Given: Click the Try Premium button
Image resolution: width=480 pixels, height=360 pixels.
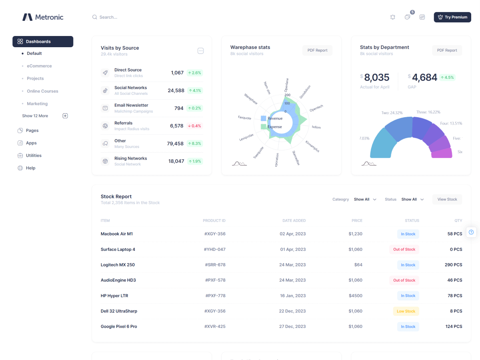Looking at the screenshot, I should point(452,17).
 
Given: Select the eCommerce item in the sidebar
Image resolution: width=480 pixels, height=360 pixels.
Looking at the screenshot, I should point(39,66).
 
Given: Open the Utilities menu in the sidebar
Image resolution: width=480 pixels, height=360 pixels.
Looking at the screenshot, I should point(34,156).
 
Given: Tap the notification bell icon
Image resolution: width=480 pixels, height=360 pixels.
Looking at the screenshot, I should point(393,17).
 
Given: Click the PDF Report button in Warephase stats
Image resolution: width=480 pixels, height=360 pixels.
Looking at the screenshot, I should point(317,50).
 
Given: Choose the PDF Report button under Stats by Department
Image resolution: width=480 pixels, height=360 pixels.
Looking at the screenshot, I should point(447,50).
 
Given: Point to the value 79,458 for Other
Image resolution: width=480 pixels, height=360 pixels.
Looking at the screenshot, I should point(175,144).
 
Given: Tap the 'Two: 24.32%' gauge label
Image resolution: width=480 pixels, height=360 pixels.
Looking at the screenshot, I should point(392,113).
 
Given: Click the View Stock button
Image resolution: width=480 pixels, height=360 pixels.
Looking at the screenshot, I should point(447,199).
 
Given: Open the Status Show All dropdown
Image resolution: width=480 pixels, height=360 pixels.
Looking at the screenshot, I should point(412,199).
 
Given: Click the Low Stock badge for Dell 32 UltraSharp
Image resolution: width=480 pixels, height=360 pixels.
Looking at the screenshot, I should point(406,311).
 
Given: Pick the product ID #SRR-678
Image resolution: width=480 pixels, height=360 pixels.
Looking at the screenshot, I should point(215,265).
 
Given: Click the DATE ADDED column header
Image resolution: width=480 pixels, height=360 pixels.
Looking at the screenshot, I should point(294,220).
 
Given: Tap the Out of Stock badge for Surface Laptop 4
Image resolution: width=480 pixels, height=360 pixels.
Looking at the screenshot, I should point(404,250).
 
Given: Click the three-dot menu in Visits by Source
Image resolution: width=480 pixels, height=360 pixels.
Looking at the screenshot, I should point(201,51).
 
